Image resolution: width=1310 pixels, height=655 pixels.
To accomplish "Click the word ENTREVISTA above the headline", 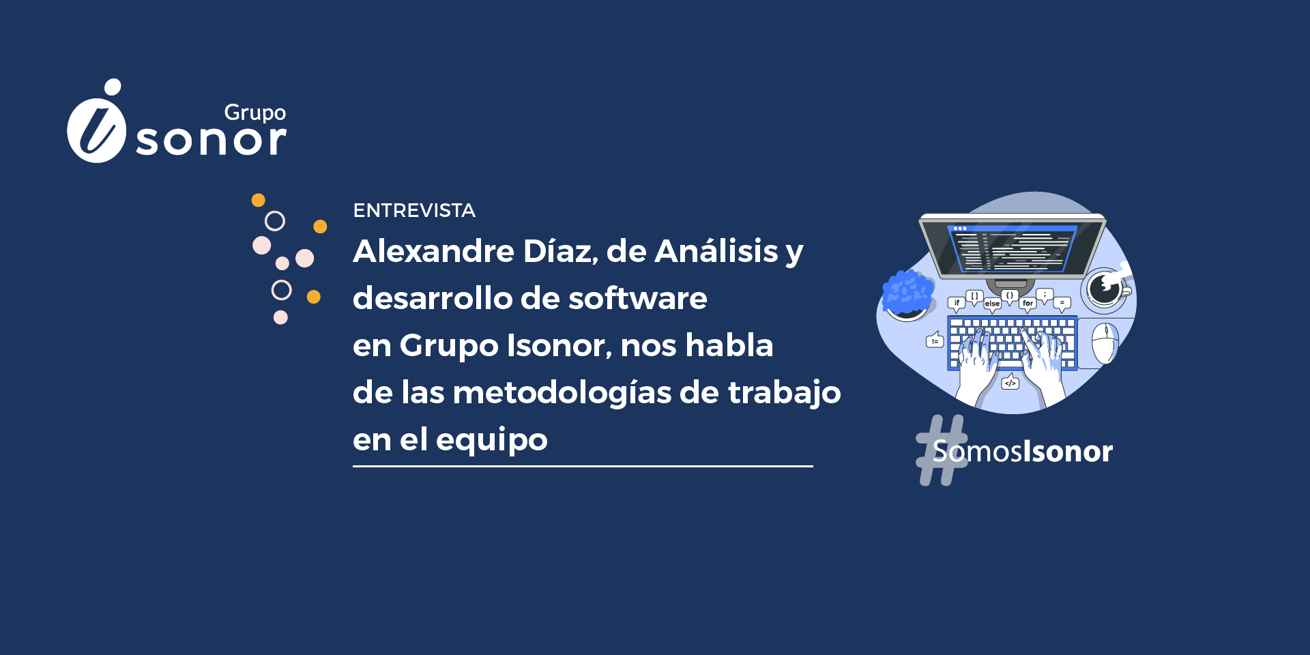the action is (414, 210).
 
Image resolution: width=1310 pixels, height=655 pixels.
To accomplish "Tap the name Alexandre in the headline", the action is (433, 251).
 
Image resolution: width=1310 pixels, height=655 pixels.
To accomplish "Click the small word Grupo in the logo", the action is (255, 113).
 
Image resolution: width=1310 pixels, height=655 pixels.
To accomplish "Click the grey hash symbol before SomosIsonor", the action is (942, 450).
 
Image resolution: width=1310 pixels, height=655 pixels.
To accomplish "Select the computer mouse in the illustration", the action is (1105, 343).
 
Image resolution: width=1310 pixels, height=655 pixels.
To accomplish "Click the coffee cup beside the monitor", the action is (1106, 289).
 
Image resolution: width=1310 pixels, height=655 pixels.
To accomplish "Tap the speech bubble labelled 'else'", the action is (992, 304).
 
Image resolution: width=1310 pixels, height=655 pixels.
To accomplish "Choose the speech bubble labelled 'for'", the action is (1028, 304).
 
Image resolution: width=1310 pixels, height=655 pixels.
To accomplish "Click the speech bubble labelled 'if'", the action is (957, 304).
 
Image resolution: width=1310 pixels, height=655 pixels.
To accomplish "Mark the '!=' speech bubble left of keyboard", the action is (935, 340).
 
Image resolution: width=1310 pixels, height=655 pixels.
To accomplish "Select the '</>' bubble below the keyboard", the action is (1010, 383).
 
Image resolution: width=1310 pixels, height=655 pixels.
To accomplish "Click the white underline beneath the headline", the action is (583, 467).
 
